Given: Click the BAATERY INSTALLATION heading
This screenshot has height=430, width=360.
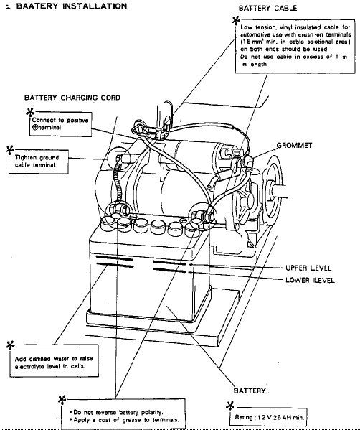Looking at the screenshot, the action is (x=72, y=6).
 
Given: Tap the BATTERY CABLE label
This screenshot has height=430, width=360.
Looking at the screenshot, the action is (x=267, y=8).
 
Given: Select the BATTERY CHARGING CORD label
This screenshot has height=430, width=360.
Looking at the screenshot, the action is (x=72, y=98).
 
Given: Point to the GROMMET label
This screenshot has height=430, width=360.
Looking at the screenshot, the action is (x=294, y=145).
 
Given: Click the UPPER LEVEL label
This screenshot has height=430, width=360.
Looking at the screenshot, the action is (x=308, y=268).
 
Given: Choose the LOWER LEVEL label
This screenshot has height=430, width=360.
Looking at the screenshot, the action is (x=310, y=280).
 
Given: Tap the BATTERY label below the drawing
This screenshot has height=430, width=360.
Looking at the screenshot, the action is (x=250, y=391).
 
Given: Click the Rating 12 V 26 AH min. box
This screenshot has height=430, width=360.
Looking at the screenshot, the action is (x=268, y=417).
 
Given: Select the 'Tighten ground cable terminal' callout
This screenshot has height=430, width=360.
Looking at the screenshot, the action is (x=39, y=162).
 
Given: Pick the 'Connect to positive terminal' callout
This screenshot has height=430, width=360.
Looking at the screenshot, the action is (x=60, y=124).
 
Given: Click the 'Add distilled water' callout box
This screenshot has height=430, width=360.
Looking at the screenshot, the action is (x=54, y=361).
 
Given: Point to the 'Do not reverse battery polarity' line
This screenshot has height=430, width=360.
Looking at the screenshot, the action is (x=116, y=412).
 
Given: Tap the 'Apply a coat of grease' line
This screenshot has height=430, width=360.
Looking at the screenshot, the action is (x=124, y=420).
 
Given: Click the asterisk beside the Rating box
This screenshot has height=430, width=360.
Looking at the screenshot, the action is (x=230, y=406).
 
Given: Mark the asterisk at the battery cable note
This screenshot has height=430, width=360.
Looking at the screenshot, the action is (x=236, y=20).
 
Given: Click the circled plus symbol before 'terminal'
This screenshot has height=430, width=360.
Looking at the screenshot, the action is (x=35, y=128).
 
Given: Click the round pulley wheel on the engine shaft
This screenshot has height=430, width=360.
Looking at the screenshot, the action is (x=272, y=190).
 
